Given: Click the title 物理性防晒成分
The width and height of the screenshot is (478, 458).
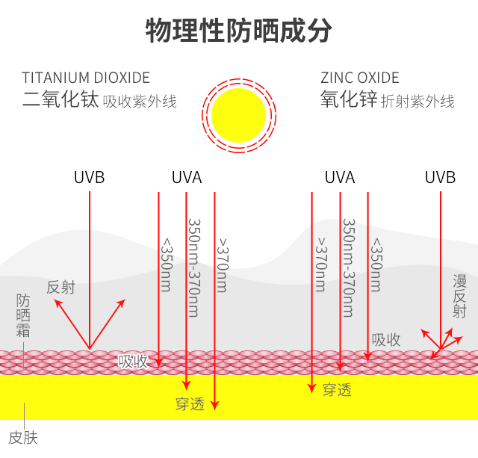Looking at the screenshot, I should coord(238,31).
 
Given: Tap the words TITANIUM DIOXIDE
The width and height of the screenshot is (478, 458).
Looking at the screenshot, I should coord(86,78).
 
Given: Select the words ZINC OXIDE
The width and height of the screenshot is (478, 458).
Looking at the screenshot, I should coord(360,78).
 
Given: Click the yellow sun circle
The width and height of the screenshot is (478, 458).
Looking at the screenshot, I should coord(239,116).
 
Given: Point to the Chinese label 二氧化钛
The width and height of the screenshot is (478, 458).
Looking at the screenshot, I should coord(60,100).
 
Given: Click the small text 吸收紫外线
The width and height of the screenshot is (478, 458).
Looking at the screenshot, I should coord(140,102).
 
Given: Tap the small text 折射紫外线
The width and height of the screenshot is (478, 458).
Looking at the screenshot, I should coord(418,102).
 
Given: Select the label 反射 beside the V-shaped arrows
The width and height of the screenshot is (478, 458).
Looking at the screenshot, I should coord(61,287).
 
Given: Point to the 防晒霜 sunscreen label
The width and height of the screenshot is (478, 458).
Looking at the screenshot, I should coord(24,315).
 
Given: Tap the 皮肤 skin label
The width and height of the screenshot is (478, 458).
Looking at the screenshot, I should coord(22,437).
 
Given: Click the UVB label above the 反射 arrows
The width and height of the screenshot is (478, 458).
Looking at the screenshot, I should coord(89,178).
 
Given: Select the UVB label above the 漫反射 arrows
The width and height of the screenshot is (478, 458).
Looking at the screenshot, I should coord(440,178).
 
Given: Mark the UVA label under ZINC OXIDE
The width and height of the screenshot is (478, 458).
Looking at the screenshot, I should coord(340,178).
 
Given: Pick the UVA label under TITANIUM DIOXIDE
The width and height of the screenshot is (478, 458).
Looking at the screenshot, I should coord(187,178).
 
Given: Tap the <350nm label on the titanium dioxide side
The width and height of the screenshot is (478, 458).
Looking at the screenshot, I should coord(167,265).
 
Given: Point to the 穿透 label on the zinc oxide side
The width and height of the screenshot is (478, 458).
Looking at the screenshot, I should coord(337,389).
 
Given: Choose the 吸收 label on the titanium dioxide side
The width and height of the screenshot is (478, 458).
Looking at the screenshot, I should coord(134,362).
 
